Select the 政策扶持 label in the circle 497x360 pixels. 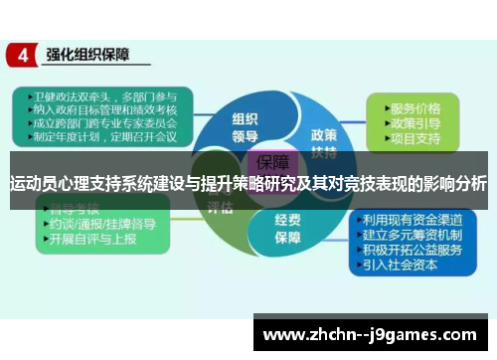[x=323, y=141]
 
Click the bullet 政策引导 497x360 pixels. [x=414, y=123]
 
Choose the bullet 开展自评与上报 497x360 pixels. [x=95, y=241]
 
